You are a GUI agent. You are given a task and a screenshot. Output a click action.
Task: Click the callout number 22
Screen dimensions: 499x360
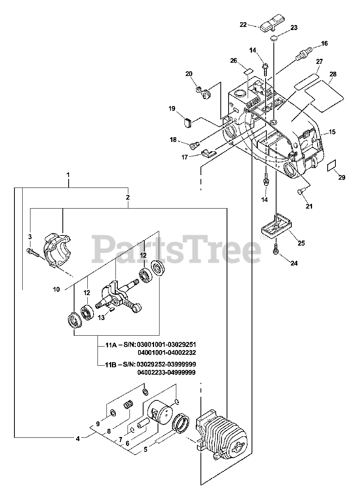pyautogui.click(x=243, y=25)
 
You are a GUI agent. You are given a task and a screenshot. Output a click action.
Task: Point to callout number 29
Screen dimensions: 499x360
pyautogui.click(x=342, y=177)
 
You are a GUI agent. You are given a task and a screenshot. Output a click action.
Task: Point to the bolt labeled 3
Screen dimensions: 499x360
pyautogui.click(x=33, y=252)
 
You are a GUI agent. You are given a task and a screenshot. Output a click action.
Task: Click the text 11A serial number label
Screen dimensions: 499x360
pyautogui.click(x=151, y=345)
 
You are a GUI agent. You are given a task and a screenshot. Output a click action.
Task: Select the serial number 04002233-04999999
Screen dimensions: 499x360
pyautogui.click(x=167, y=372)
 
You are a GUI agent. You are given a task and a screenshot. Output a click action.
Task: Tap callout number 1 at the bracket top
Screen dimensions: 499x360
pyautogui.click(x=68, y=175)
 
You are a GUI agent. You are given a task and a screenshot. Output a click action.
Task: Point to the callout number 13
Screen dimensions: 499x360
pyautogui.click(x=101, y=318)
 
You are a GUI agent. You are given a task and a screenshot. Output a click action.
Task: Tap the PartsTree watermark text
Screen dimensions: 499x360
pyautogui.click(x=177, y=249)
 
